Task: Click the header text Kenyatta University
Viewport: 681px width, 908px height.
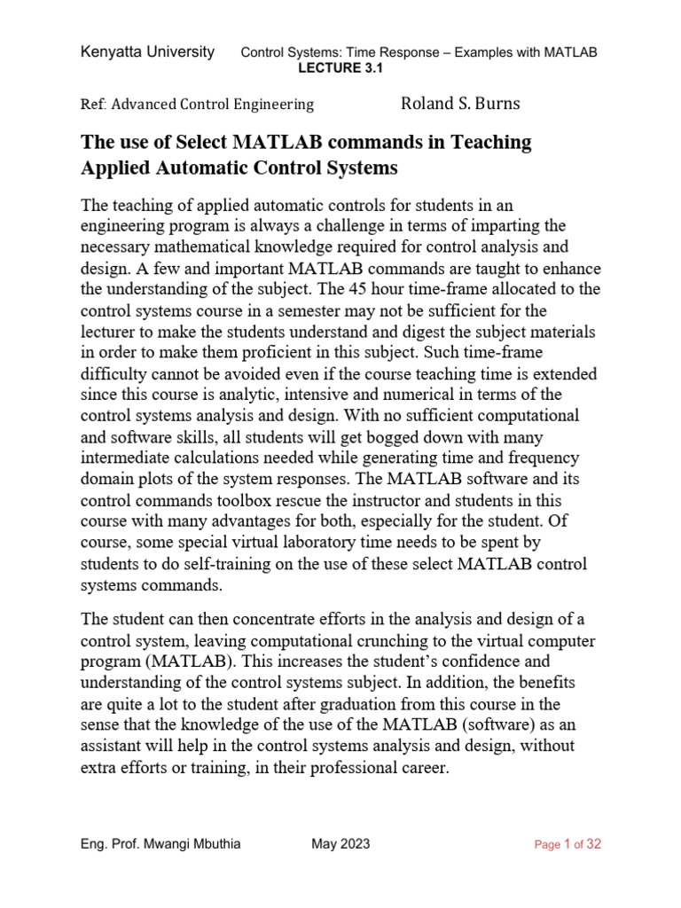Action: (x=147, y=52)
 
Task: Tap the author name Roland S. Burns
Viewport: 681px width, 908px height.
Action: (x=460, y=104)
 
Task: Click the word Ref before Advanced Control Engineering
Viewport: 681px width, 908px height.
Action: (x=92, y=105)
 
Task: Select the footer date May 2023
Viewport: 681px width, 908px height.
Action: (x=340, y=844)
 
